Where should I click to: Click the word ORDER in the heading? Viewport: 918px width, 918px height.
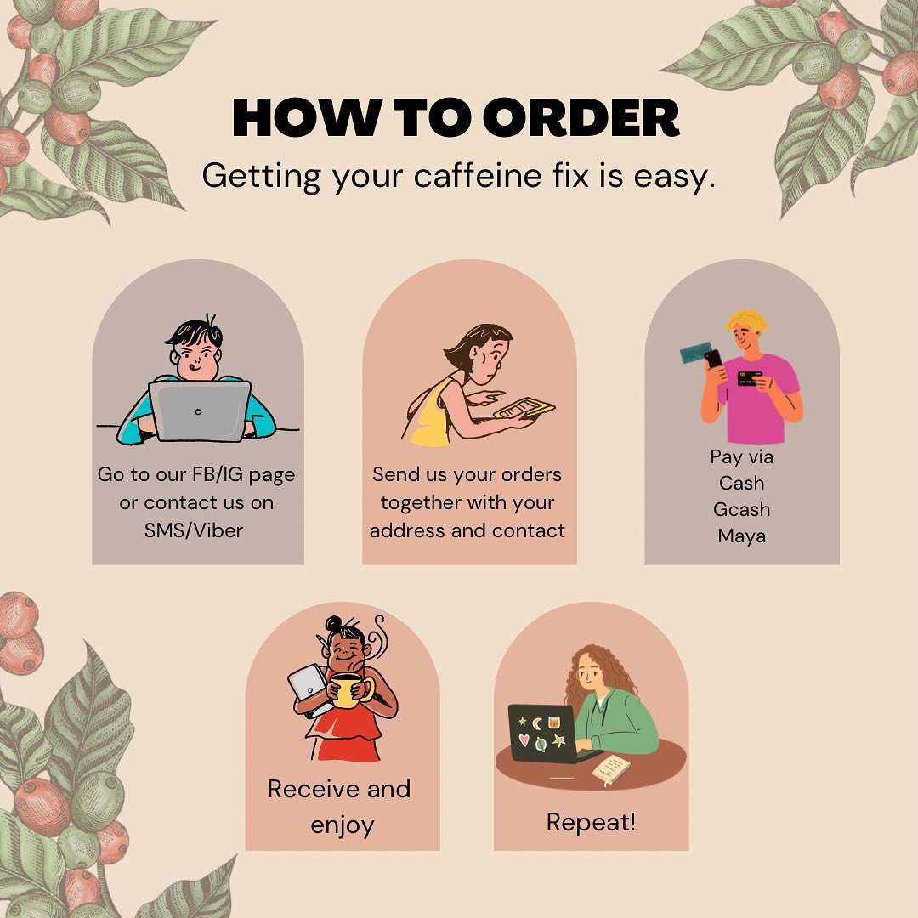[x=581, y=117]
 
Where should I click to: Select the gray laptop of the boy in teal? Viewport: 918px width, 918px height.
[x=199, y=411]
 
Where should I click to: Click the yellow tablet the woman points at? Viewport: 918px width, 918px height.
[x=524, y=409]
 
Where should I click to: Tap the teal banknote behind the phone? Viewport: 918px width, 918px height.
[x=694, y=353]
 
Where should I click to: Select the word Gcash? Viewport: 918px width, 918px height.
[x=741, y=509]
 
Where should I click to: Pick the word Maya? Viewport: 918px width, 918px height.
[x=741, y=536]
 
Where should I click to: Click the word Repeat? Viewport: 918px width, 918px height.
[x=591, y=822]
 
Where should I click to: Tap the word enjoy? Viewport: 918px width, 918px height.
[x=343, y=826]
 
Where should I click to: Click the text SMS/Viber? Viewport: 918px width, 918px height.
[x=194, y=530]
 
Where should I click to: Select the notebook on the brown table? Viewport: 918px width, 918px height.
[x=611, y=769]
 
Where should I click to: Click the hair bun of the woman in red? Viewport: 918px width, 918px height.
[x=334, y=624]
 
